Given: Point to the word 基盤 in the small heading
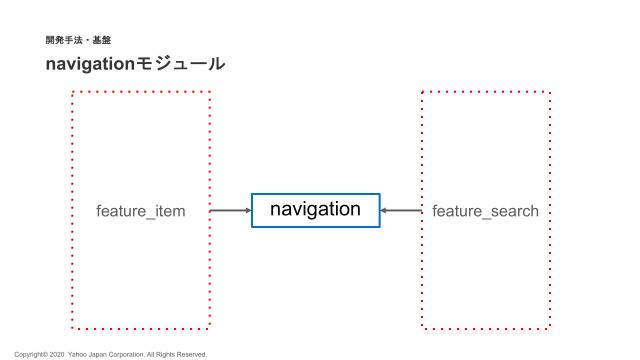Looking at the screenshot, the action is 102,40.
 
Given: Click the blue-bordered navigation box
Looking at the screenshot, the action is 315,210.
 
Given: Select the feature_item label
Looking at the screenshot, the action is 141,211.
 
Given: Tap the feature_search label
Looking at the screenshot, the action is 485,211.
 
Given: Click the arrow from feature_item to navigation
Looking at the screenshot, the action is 230,211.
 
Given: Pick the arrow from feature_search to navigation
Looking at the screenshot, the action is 401,211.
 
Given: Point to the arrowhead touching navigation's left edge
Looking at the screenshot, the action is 247,211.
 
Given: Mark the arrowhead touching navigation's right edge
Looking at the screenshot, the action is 385,211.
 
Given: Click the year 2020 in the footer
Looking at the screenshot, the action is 56,354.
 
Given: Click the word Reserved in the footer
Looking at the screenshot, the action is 191,354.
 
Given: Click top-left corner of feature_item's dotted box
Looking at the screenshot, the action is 73,92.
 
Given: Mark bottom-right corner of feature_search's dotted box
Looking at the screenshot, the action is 550,327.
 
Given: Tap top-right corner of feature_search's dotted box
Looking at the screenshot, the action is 550,92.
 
